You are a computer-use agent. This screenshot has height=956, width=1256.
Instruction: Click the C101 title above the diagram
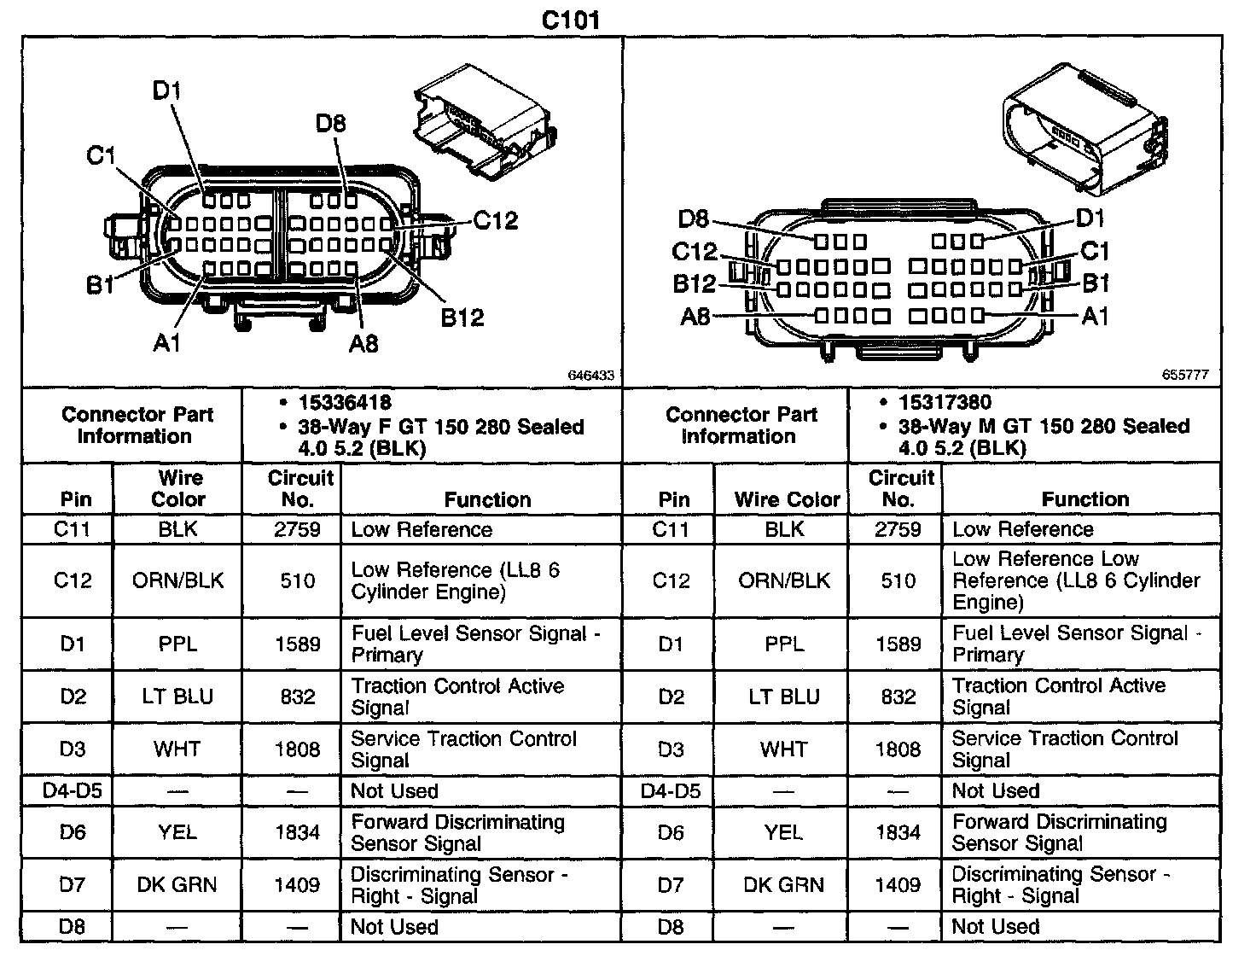click(x=571, y=20)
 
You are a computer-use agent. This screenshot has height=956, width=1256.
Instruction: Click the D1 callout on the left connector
click(x=167, y=90)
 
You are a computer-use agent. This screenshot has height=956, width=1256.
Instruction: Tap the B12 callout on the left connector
click(x=462, y=318)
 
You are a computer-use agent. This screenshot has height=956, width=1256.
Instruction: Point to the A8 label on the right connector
click(x=695, y=318)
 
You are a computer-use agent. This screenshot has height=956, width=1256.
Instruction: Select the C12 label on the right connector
click(x=695, y=252)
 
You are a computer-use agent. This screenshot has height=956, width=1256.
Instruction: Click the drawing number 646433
click(x=590, y=375)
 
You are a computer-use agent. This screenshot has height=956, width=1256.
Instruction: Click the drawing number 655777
click(x=1185, y=375)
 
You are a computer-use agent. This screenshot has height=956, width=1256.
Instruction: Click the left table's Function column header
click(x=487, y=499)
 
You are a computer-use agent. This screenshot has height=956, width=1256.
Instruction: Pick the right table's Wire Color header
click(x=787, y=499)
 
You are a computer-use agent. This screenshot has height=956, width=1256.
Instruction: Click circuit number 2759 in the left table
click(x=297, y=529)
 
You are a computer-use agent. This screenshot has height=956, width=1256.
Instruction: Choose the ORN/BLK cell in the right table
click(x=783, y=580)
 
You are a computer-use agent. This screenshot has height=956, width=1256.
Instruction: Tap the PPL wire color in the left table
click(x=177, y=644)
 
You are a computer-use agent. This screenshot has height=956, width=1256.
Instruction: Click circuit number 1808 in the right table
click(x=898, y=749)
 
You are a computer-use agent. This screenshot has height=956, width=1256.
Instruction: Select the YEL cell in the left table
click(x=177, y=831)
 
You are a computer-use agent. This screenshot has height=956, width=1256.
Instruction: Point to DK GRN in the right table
click(x=783, y=884)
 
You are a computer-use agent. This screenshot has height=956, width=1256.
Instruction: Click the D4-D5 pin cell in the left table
click(x=72, y=791)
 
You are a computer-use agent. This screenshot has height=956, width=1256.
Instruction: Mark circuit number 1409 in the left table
click(x=297, y=884)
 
